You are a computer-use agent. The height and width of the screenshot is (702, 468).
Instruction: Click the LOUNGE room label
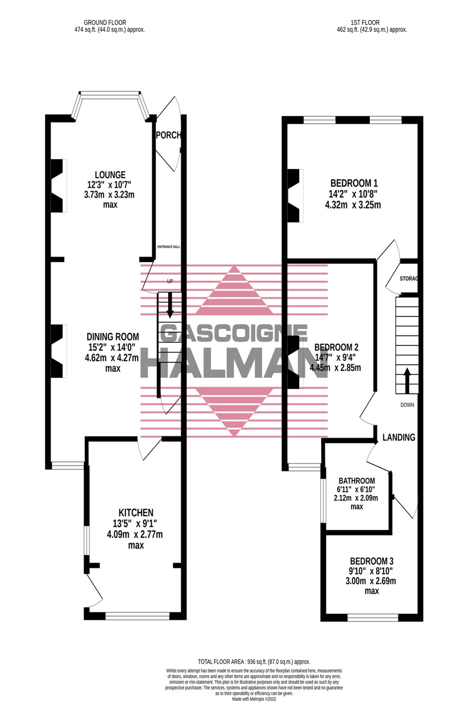click(x=110, y=175)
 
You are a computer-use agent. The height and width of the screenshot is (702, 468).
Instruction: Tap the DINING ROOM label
click(x=113, y=337)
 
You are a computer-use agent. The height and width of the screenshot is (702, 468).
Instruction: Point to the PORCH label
click(x=168, y=135)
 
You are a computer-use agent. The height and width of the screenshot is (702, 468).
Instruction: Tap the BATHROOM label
click(x=357, y=481)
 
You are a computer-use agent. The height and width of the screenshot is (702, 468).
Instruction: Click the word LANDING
click(x=399, y=437)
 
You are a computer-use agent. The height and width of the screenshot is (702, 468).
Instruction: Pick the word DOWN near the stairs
click(x=407, y=405)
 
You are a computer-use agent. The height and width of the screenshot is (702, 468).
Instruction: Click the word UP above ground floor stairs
click(x=170, y=281)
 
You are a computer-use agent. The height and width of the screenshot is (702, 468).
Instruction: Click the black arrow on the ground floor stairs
click(x=170, y=304)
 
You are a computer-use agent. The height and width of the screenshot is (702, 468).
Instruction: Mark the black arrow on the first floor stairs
click(x=407, y=380)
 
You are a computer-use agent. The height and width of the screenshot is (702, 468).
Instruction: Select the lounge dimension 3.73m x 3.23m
click(x=109, y=195)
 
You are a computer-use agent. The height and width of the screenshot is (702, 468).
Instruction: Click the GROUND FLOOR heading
click(x=105, y=22)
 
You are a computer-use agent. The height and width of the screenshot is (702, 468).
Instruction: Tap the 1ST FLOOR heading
click(x=365, y=22)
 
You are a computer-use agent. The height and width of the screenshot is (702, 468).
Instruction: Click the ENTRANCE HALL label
click(x=169, y=247)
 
